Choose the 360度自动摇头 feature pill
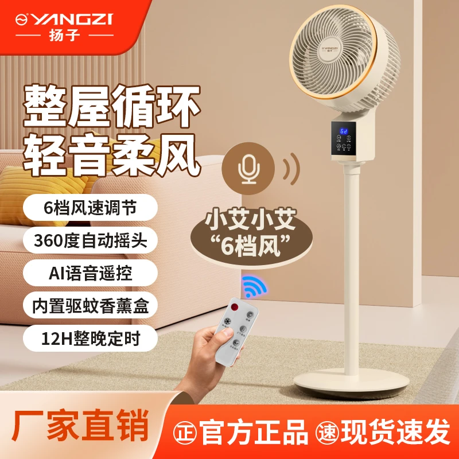click(x=91, y=240)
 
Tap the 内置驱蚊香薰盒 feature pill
click(x=91, y=306)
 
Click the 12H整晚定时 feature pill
click(x=91, y=339)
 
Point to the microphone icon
click(x=249, y=167)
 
